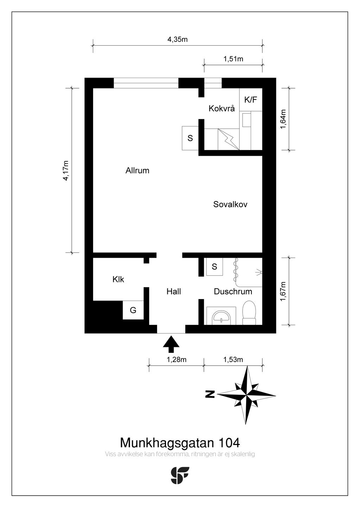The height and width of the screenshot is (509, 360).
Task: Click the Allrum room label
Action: [x=137, y=170]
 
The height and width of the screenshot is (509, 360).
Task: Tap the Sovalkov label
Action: [x=230, y=204]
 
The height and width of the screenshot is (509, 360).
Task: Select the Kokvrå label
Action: [x=221, y=108]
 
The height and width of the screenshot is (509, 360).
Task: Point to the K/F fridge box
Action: [x=251, y=100]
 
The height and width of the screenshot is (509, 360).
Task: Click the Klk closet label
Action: [x=118, y=279]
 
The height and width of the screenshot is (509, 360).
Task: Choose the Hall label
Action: [x=174, y=291]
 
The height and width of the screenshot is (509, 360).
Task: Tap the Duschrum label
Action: [x=233, y=291]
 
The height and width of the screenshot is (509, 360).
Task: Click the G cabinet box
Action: [x=133, y=310]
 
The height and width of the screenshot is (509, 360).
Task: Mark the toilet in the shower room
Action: [x=249, y=313]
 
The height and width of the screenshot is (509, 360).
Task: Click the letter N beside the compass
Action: [x=210, y=394]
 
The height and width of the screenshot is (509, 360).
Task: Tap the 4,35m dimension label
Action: [x=178, y=39]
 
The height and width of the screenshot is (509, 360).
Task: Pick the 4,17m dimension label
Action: [x=66, y=170]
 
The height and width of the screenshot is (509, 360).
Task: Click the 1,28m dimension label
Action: [x=176, y=360]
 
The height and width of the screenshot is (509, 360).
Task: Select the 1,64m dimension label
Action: [x=283, y=119]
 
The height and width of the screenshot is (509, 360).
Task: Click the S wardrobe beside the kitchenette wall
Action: [x=190, y=138]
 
